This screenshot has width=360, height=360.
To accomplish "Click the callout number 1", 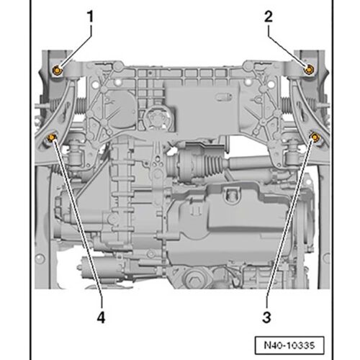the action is [90, 17].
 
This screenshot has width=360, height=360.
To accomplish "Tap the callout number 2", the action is [269, 17].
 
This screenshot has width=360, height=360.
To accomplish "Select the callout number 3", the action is [266, 317].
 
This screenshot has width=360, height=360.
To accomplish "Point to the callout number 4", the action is [101, 317].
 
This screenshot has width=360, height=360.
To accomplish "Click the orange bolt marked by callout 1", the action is [58, 70].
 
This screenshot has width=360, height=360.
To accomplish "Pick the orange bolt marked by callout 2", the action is [309, 69].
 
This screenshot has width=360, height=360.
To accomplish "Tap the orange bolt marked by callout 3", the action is [315, 137].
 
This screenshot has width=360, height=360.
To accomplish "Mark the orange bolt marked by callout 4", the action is [52, 138].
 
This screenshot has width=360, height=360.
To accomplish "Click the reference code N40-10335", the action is [289, 346].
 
